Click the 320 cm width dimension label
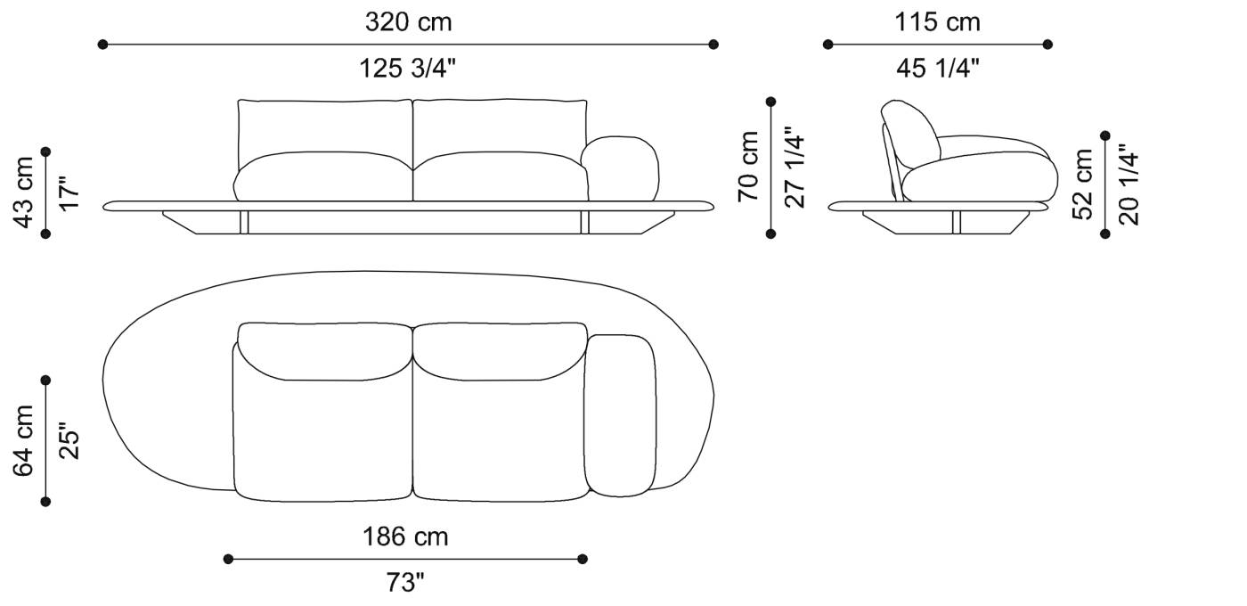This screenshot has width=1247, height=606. click(x=408, y=22)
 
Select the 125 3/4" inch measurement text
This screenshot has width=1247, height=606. click(x=408, y=68)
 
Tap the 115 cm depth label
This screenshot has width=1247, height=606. click(x=937, y=22)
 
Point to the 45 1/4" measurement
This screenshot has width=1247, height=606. click(x=937, y=68)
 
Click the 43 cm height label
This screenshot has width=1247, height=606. click(x=24, y=192)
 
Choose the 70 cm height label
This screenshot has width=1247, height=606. click(x=749, y=167)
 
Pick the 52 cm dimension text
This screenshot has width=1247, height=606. click(x=1083, y=184)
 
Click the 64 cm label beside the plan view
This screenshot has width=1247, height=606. click(x=24, y=440)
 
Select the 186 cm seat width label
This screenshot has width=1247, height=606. click(x=405, y=536)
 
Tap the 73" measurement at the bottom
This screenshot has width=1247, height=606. click(x=405, y=583)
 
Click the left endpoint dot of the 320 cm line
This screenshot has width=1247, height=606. click(x=102, y=44)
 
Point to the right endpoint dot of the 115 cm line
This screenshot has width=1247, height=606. click(x=1047, y=44)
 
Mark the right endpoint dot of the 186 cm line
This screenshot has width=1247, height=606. click(x=583, y=559)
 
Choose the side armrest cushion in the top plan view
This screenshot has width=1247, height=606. click(x=622, y=414)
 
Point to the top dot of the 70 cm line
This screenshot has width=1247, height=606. click(x=771, y=102)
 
